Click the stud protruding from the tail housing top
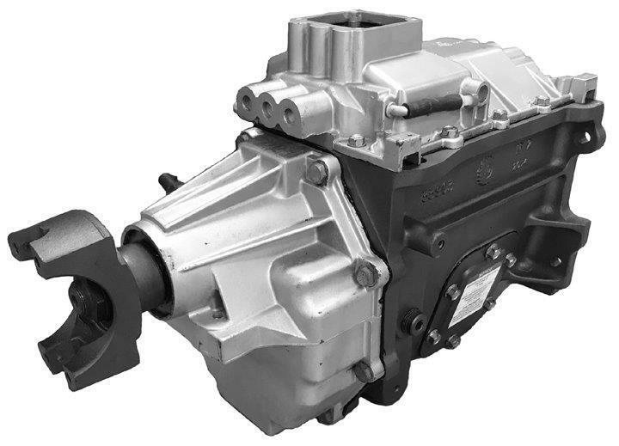pos(164,183)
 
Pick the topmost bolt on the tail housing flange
pos(318,172)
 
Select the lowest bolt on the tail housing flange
pos(365,371)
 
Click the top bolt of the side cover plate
pos(493,252)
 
